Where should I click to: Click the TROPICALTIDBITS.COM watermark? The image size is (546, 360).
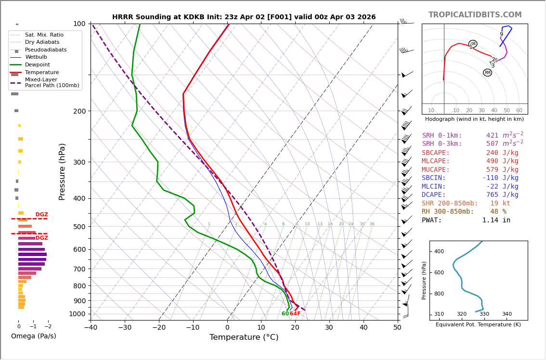click(x=475, y=15)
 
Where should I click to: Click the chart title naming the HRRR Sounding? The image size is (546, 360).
click(x=244, y=17)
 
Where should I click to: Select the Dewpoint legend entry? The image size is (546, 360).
click(x=38, y=64)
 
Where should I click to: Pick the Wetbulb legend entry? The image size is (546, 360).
click(x=36, y=57)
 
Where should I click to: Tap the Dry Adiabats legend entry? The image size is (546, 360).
click(x=42, y=42)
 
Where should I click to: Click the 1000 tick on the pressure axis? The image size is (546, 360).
click(x=77, y=314)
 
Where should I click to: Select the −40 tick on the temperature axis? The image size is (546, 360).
click(x=91, y=328)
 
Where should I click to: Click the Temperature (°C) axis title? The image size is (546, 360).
click(x=244, y=337)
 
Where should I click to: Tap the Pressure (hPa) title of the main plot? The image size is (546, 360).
click(x=63, y=171)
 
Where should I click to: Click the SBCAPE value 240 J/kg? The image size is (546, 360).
click(x=502, y=153)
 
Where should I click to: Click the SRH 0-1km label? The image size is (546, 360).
click(x=442, y=136)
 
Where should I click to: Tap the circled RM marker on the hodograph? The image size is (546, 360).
click(x=488, y=73)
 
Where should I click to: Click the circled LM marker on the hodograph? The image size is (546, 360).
click(x=473, y=44)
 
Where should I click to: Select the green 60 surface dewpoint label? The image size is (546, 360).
click(x=285, y=314)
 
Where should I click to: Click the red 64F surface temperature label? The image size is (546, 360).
click(x=295, y=314)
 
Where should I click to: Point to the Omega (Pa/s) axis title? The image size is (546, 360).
click(x=34, y=336)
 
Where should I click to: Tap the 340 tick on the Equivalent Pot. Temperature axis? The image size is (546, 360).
click(x=507, y=314)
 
